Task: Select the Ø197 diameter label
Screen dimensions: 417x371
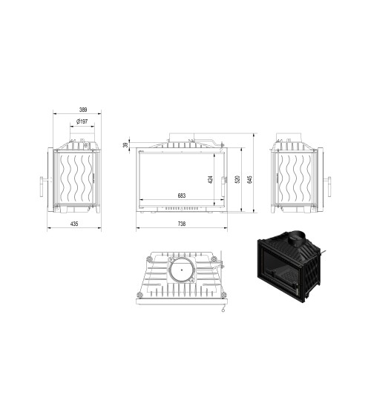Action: point(82,121)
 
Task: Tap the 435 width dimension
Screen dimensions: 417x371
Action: point(74,223)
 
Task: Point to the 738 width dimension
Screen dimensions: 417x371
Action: point(181,223)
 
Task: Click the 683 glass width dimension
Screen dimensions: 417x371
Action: point(181,196)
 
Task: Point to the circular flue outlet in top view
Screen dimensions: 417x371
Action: point(181,271)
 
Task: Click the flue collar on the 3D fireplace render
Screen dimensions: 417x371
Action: point(295,239)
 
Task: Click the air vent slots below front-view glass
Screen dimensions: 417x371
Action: point(181,209)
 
